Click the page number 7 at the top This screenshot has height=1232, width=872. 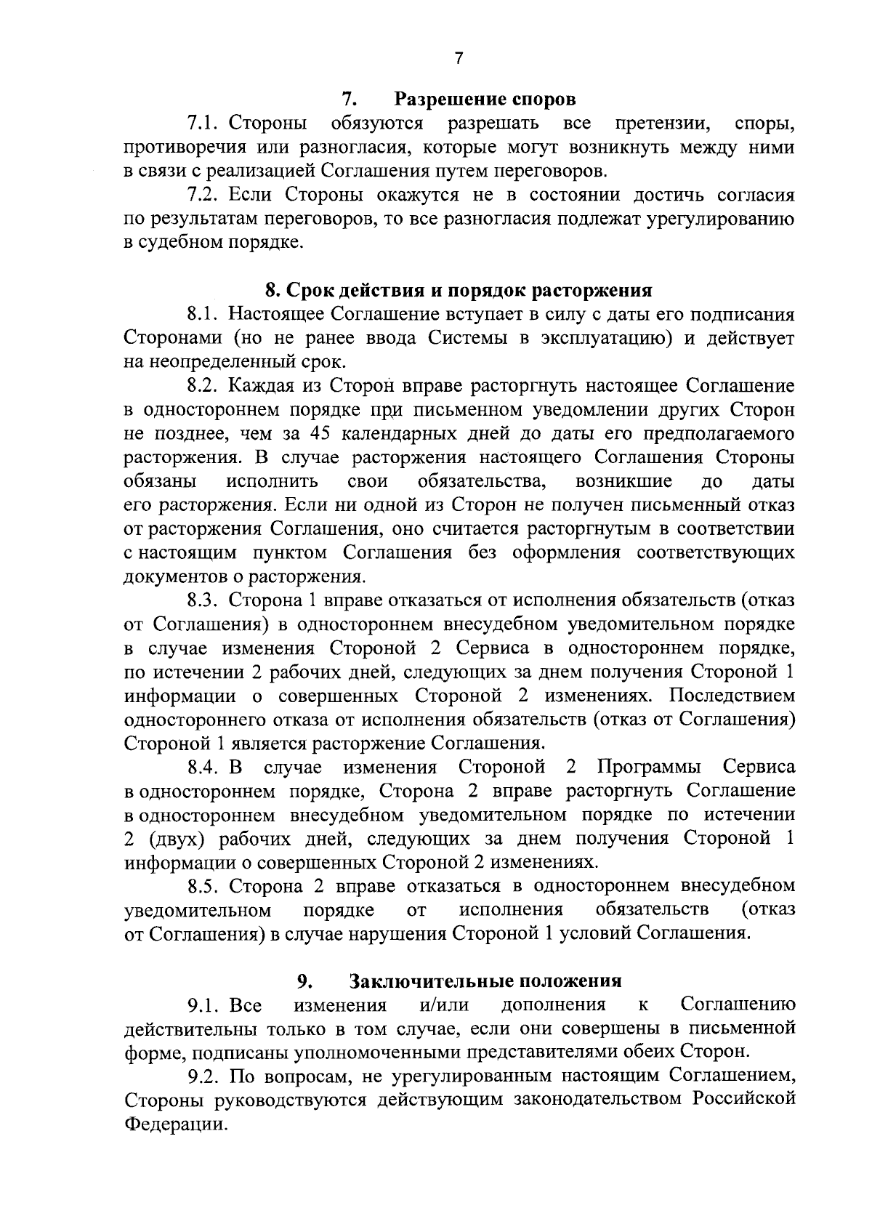(458, 59)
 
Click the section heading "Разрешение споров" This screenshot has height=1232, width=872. (485, 98)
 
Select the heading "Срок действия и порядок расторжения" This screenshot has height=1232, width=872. (459, 291)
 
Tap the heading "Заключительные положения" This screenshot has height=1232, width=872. (486, 981)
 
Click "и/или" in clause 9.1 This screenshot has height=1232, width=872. (444, 1005)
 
